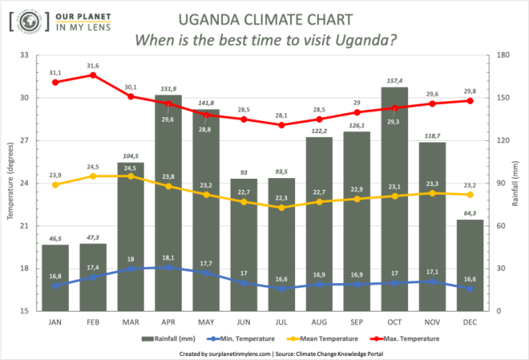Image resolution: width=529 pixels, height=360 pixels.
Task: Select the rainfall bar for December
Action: (470, 265)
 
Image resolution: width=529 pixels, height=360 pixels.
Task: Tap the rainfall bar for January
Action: (55, 277)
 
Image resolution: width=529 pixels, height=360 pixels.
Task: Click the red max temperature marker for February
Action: (93, 75)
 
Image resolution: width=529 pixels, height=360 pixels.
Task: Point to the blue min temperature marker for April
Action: (168, 267)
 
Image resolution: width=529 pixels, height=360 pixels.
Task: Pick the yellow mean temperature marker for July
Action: (282, 207)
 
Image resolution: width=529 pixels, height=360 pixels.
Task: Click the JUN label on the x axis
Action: (244, 321)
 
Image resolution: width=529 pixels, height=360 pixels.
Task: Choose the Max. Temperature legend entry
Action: (411, 339)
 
